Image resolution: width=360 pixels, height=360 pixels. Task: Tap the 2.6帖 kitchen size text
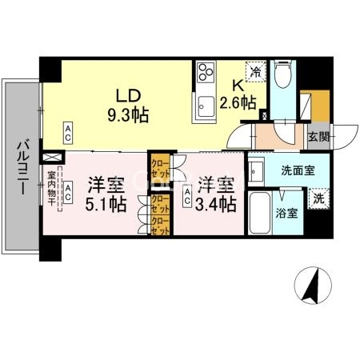(x=238, y=102)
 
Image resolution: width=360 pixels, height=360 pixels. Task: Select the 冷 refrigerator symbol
(x=255, y=72)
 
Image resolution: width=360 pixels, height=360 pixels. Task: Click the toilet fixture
(x=281, y=77)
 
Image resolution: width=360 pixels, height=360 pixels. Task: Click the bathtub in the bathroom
(x=260, y=212)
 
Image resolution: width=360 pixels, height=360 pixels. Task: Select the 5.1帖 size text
(x=106, y=205)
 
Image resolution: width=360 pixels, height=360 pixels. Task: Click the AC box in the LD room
(x=69, y=130)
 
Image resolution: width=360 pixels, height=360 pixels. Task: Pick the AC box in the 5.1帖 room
(x=69, y=191)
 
